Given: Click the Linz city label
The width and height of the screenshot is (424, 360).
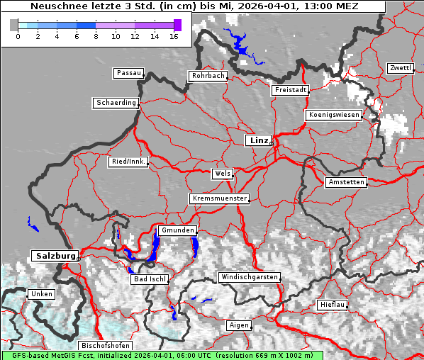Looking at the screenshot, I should pyautogui.click(x=258, y=140).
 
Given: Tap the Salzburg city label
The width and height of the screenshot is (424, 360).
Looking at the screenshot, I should pyautogui.click(x=54, y=256).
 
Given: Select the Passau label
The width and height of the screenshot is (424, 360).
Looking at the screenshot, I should pyautogui.click(x=128, y=73).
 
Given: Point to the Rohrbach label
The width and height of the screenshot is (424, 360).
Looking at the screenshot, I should pyautogui.click(x=207, y=76).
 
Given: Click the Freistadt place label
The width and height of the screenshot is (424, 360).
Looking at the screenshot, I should pyautogui.click(x=290, y=90).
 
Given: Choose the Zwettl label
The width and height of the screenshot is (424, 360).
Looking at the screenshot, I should pyautogui.click(x=400, y=68).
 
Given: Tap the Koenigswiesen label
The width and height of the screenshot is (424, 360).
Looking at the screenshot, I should pyautogui.click(x=333, y=115).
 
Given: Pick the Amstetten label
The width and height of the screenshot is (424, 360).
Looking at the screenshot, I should pyautogui.click(x=345, y=182).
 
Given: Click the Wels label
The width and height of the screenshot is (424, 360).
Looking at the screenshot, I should pyautogui.click(x=221, y=174).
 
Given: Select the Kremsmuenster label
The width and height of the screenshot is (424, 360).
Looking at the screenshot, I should pyautogui.click(x=219, y=198).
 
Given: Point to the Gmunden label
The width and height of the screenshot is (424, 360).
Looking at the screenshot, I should pyautogui.click(x=176, y=231).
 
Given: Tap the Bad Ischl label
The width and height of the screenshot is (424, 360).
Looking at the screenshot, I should pyautogui.click(x=150, y=279).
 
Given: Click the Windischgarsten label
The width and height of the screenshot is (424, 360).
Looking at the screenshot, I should pyautogui.click(x=248, y=277).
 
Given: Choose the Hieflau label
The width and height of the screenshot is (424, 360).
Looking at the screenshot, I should pyautogui.click(x=333, y=305).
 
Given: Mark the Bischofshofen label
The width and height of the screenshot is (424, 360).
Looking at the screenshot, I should pyautogui.click(x=104, y=346).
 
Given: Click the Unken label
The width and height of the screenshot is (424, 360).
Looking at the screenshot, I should pyautogui.click(x=40, y=294).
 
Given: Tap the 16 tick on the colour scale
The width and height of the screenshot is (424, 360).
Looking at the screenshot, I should pyautogui.click(x=174, y=35).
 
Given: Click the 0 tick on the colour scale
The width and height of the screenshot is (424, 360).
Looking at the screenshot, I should pyautogui.click(x=18, y=35).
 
